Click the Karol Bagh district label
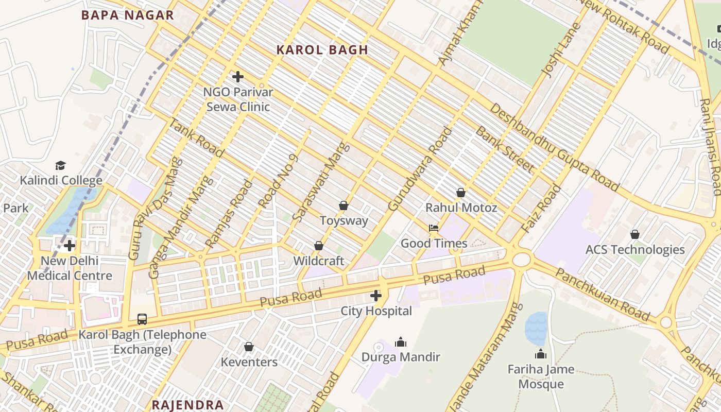(x=322, y=50)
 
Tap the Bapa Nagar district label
(x=128, y=15)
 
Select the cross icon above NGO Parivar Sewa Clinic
(x=238, y=77)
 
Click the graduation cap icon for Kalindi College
(x=61, y=165)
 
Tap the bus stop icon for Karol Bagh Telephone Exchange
(x=142, y=319)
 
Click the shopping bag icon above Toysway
(x=344, y=206)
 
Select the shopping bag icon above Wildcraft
(x=319, y=246)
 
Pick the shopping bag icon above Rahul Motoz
(x=461, y=193)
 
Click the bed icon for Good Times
(x=434, y=228)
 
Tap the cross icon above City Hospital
(x=376, y=296)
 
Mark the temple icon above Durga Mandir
(x=401, y=342)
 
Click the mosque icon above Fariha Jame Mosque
(x=541, y=354)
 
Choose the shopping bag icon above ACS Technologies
(x=635, y=234)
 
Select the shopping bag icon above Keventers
(x=249, y=347)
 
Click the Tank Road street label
(x=197, y=138)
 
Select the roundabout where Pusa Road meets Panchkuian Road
(x=521, y=259)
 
